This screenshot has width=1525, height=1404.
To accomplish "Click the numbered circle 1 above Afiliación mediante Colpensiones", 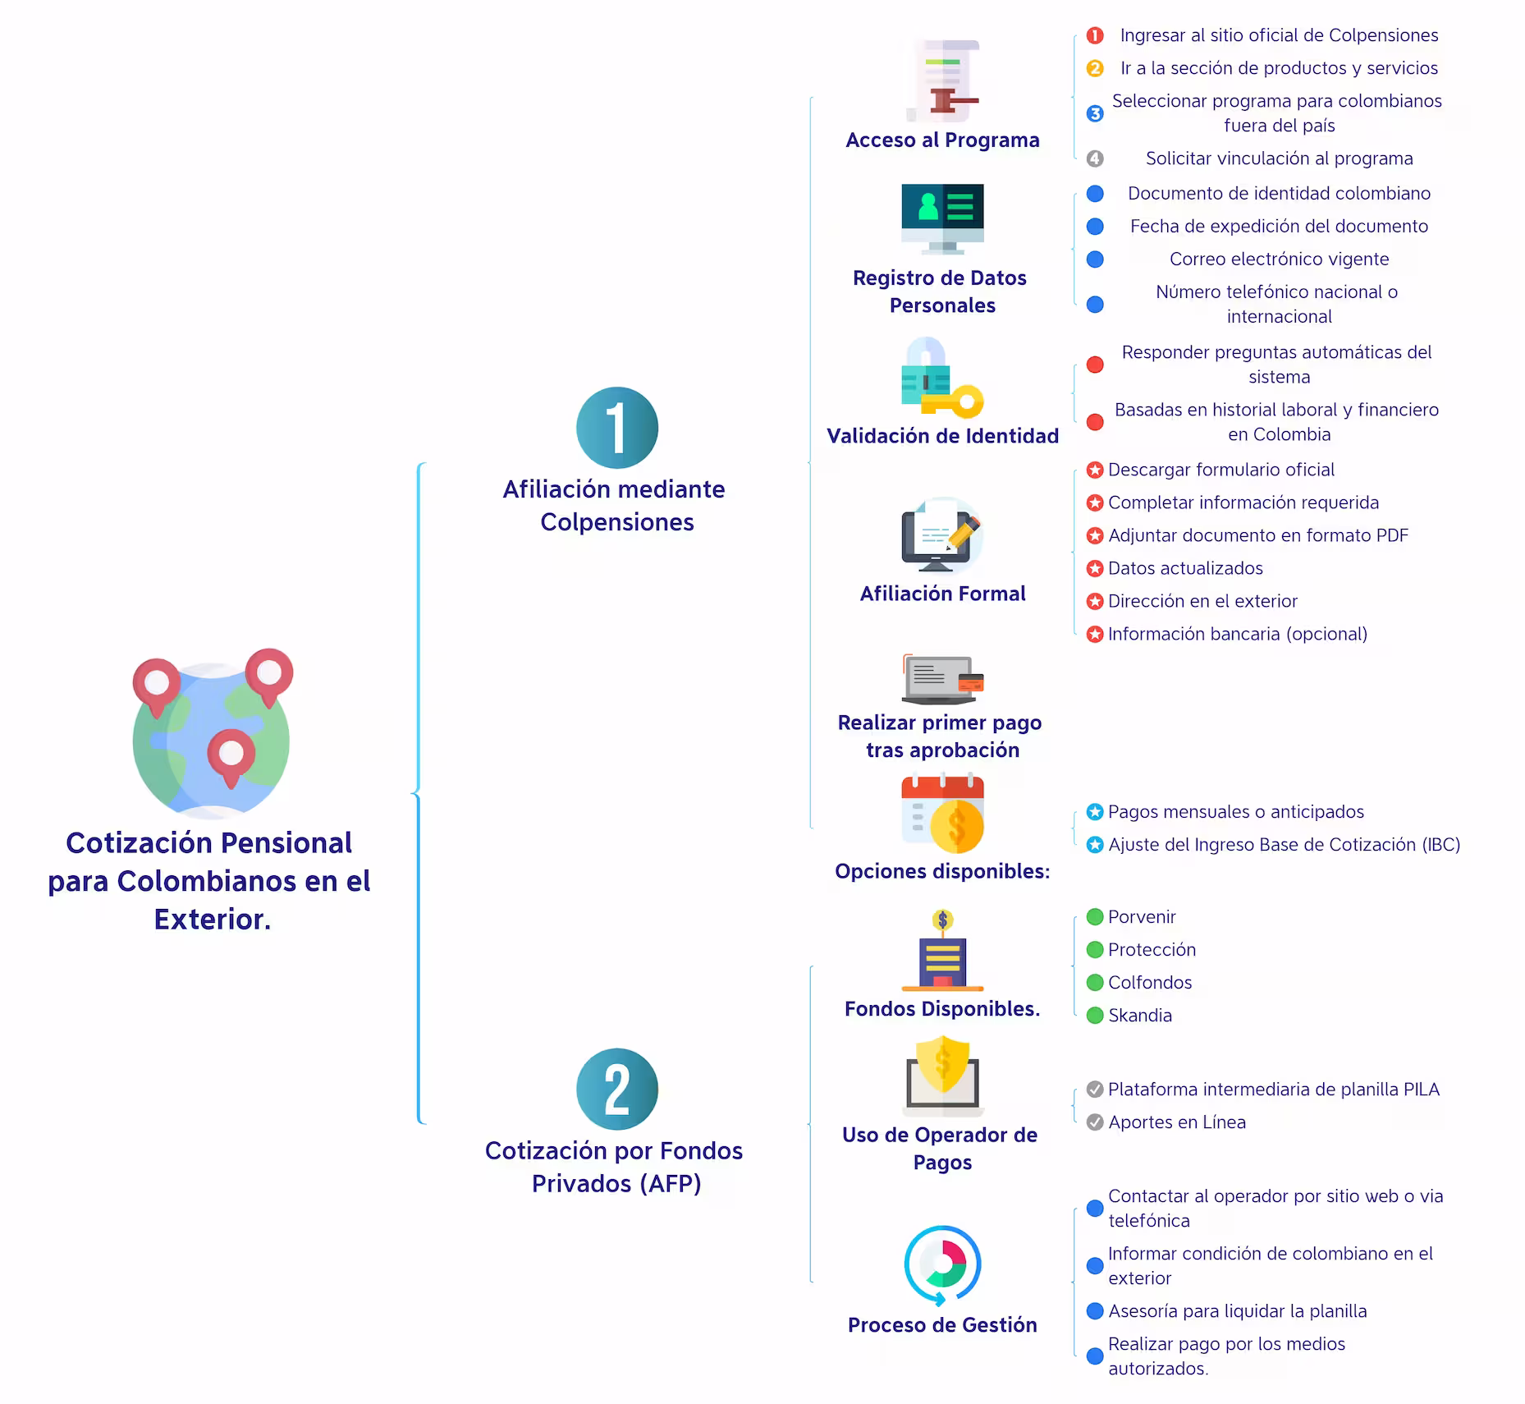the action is pyautogui.click(x=617, y=428).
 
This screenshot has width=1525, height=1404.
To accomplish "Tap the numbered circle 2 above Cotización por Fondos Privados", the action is pyautogui.click(x=617, y=1090).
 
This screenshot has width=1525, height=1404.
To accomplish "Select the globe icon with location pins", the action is pyautogui.click(x=212, y=732).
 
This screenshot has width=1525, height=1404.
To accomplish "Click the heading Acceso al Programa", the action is pyautogui.click(x=942, y=140).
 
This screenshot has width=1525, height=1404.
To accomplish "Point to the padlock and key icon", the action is pyautogui.click(x=942, y=378).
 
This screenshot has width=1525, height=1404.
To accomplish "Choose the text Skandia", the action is pyautogui.click(x=1140, y=1016).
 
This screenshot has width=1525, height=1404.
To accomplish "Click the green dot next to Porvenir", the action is pyautogui.click(x=1095, y=917).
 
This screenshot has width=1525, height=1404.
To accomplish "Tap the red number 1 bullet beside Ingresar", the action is pyautogui.click(x=1095, y=35).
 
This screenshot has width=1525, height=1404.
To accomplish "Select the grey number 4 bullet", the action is pyautogui.click(x=1095, y=158).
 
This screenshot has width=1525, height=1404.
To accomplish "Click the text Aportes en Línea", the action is pyautogui.click(x=1177, y=1122).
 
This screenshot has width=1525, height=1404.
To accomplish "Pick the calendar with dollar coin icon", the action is pyautogui.click(x=942, y=814).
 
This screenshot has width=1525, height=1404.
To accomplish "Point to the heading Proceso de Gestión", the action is pyautogui.click(x=942, y=1324).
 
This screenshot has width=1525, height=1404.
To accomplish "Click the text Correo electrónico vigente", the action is pyautogui.click(x=1279, y=259).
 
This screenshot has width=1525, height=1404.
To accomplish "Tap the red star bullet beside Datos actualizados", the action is pyautogui.click(x=1095, y=568).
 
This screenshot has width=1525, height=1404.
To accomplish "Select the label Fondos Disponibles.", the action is pyautogui.click(x=942, y=1009).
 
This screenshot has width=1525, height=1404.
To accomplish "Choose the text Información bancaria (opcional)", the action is pyautogui.click(x=1238, y=634).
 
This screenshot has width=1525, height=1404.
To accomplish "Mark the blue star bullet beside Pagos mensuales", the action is pyautogui.click(x=1095, y=812).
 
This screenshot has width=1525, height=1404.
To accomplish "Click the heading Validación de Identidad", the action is pyautogui.click(x=942, y=436).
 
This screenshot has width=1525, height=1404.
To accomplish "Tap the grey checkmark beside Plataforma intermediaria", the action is pyautogui.click(x=1095, y=1090).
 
